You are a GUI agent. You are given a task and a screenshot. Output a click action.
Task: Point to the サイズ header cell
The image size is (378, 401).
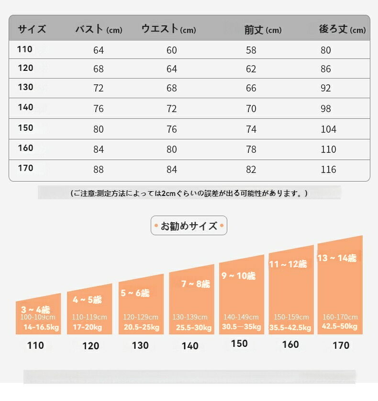pos(32,29)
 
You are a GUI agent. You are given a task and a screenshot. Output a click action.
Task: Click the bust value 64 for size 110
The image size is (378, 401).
pos(99,50)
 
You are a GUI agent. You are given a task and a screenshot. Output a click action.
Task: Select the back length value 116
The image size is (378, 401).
pos(328,170)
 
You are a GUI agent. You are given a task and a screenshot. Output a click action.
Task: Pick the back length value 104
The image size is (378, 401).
pos(328,129)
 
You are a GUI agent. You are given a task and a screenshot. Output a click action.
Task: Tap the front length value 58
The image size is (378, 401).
pos(251,50)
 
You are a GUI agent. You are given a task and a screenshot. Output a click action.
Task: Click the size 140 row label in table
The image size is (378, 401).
pos(26,107)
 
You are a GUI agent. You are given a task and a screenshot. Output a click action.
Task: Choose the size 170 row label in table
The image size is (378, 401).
pos(26,168)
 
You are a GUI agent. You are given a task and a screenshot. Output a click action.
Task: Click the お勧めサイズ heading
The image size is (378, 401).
pos(189,226)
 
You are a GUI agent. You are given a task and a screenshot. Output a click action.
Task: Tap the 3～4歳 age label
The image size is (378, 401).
pos(35,309)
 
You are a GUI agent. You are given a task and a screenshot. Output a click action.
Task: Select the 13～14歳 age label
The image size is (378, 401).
pos(337,258)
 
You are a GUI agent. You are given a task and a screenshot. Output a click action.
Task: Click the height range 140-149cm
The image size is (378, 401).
pos(241,317)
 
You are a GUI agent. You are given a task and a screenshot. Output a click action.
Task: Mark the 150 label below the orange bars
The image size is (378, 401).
pos(239,344)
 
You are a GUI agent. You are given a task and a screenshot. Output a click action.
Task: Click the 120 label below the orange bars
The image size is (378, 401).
pos(90,346)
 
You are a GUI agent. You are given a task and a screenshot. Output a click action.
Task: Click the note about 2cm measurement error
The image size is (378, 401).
pos(189,194)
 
